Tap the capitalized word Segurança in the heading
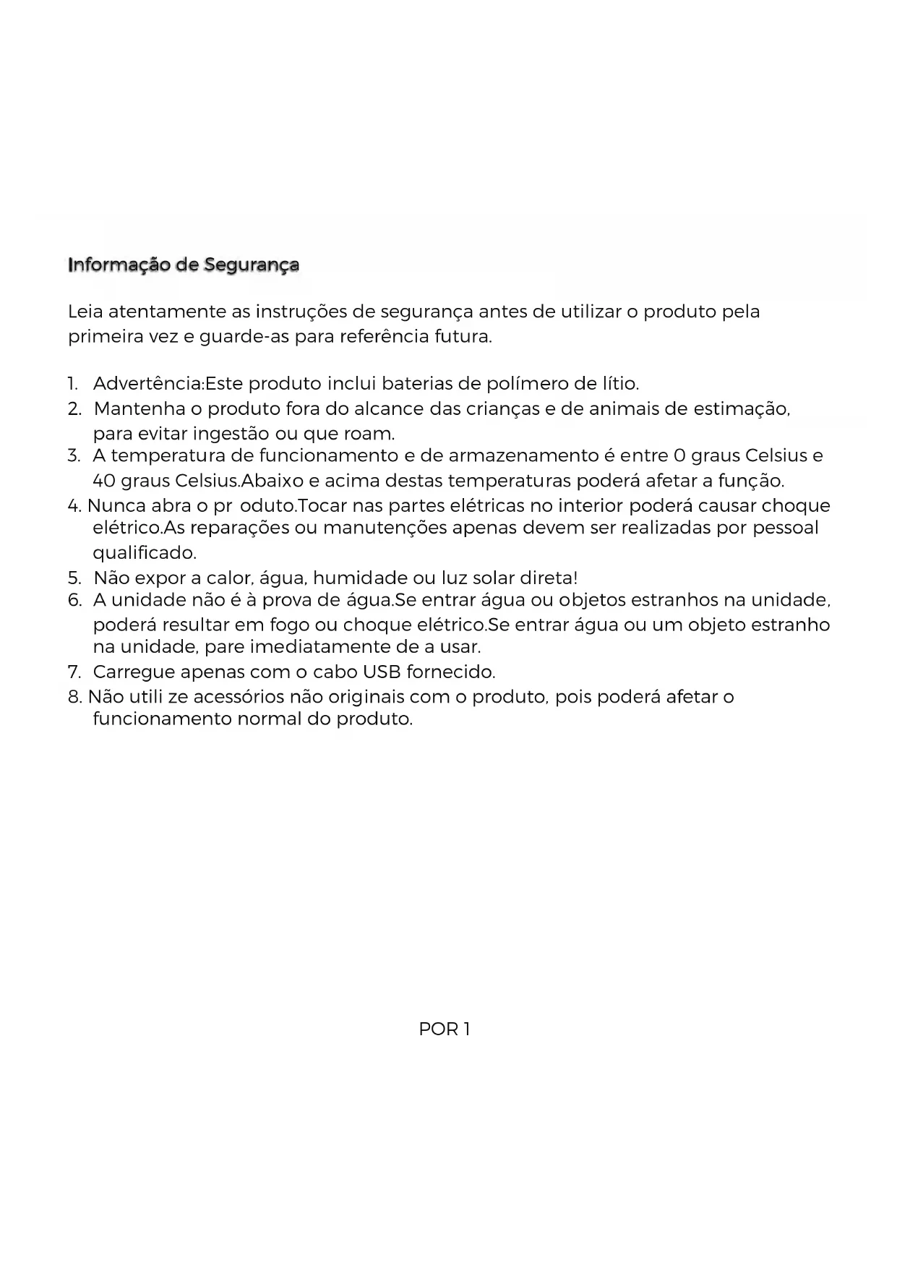251,265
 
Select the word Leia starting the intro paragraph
85,312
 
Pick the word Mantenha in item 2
140,409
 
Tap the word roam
373,434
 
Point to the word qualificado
145,554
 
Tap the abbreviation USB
381,672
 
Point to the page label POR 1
445,1029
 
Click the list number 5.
74,578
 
